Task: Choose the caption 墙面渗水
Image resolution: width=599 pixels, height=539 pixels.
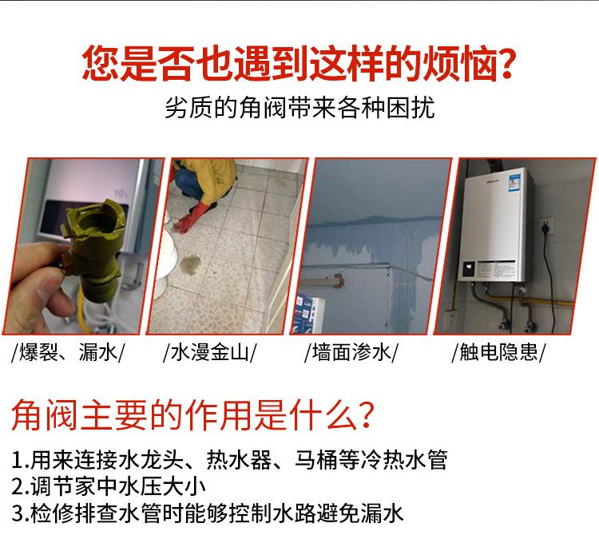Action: point(351,352)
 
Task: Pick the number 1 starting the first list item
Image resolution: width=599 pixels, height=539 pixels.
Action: point(18,461)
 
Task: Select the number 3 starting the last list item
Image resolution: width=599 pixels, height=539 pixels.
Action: point(18,512)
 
